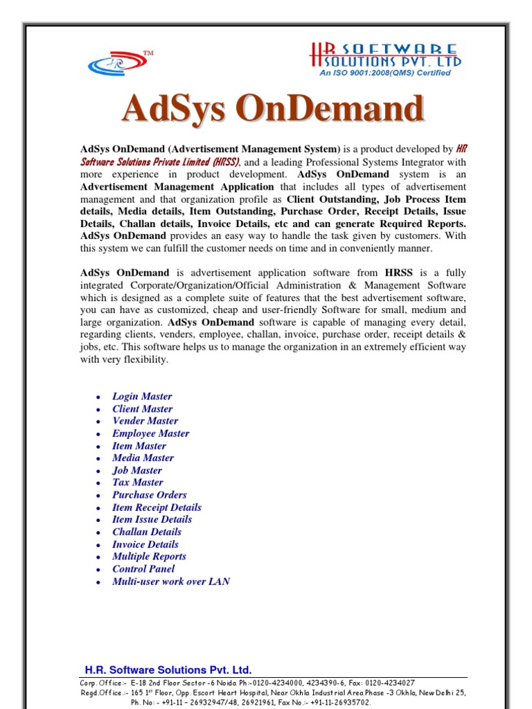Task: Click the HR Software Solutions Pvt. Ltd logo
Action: pyautogui.click(x=385, y=55)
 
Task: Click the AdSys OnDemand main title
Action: pyautogui.click(x=272, y=110)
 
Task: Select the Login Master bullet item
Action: pyautogui.click(x=142, y=397)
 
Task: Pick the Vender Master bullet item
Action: pyautogui.click(x=145, y=421)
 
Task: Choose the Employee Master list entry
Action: pyautogui.click(x=150, y=433)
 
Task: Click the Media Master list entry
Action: pyautogui.click(x=143, y=458)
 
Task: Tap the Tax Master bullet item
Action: pyautogui.click(x=138, y=483)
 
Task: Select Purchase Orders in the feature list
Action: pyautogui.click(x=150, y=495)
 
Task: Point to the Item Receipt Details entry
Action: pyautogui.click(x=157, y=508)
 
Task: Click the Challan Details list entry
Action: pyautogui.click(x=147, y=532)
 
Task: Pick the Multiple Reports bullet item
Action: pyautogui.click(x=149, y=557)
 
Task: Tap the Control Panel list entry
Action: pyautogui.click(x=143, y=569)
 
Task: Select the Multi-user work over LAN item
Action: pyautogui.click(x=171, y=582)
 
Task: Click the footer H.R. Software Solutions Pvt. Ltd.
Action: pyautogui.click(x=168, y=670)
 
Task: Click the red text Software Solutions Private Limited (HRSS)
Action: pyautogui.click(x=160, y=161)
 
